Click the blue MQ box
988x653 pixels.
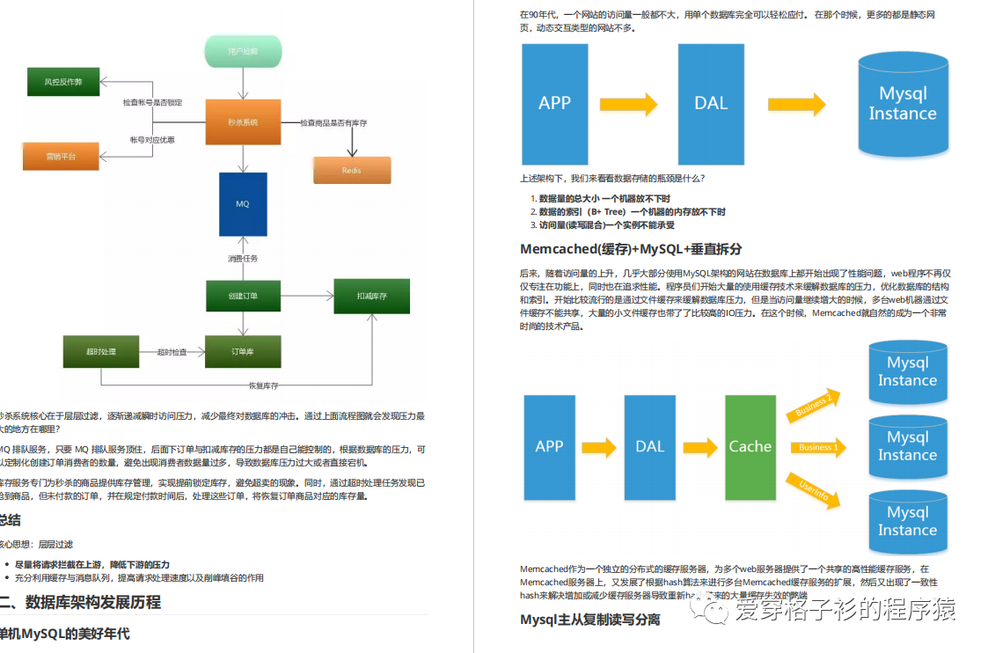point(242,203)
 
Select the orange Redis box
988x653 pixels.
point(351,170)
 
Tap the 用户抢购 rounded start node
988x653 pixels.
point(243,52)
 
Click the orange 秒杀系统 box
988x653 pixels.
point(243,122)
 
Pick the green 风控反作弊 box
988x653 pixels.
point(62,81)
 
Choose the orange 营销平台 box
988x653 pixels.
point(61,156)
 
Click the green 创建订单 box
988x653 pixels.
point(243,296)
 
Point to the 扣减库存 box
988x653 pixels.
point(371,296)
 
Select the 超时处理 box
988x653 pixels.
point(101,352)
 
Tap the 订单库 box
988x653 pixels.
point(243,352)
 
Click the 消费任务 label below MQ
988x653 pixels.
point(243,259)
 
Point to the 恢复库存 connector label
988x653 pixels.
point(263,385)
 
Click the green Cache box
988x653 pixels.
point(750,446)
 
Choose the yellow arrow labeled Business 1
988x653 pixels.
point(817,447)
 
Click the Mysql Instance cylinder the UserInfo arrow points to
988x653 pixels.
point(907,522)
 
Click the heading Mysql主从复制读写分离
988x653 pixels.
point(590,620)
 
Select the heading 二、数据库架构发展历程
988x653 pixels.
point(80,602)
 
